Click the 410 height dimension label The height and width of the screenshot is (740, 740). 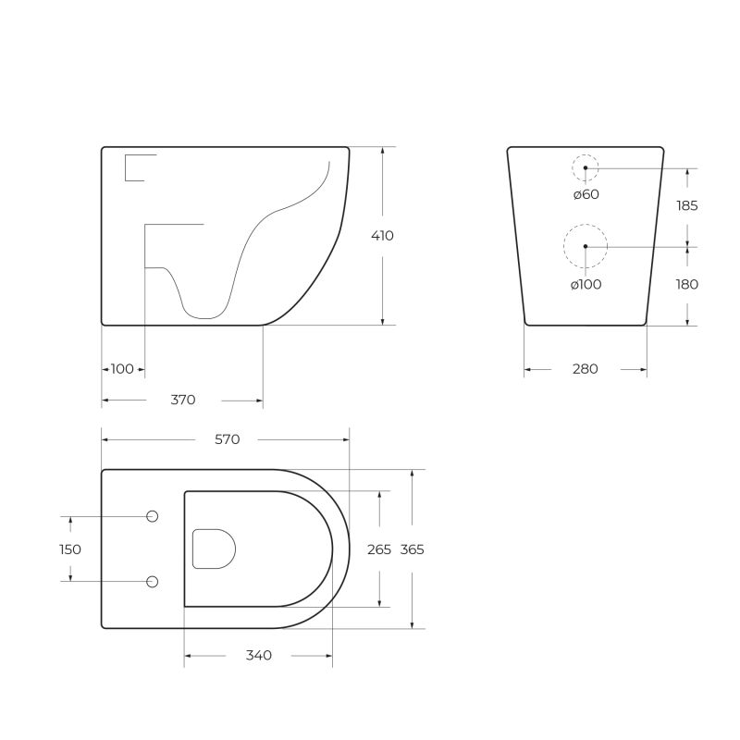[382, 236]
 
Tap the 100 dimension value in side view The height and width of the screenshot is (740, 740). [122, 369]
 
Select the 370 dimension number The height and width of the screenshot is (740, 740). [183, 400]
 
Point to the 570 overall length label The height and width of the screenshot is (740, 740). [228, 439]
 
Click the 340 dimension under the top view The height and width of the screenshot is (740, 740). [259, 656]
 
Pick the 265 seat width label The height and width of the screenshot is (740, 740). [379, 549]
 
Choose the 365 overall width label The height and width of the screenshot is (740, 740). [412, 549]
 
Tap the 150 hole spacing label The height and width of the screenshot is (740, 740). [70, 549]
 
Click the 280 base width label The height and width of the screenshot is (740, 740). [585, 369]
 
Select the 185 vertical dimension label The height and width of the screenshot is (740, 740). [686, 206]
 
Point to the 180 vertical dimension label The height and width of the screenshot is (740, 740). [686, 285]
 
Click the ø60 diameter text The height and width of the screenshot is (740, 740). [586, 194]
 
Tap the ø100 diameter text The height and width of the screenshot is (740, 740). [586, 285]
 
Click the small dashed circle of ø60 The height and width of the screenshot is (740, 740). [585, 167]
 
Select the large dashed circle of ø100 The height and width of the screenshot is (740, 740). [586, 246]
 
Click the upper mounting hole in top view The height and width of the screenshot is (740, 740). [154, 515]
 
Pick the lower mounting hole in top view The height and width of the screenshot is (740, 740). [154, 581]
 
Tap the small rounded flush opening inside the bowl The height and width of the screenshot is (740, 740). [213, 549]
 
